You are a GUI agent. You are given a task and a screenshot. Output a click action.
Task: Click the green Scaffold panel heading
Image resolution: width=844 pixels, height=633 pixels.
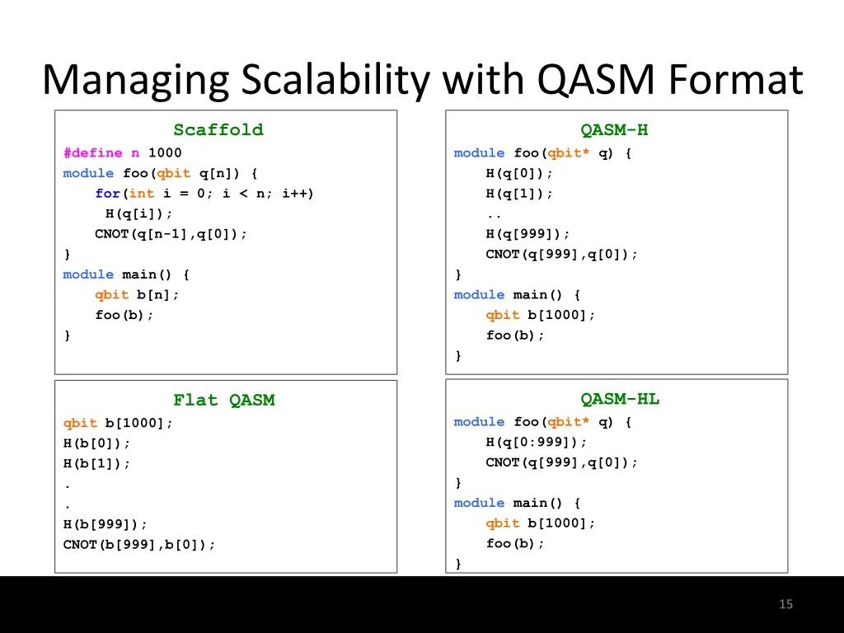point(218,129)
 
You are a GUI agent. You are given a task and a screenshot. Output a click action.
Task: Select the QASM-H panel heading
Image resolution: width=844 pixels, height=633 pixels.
point(614,129)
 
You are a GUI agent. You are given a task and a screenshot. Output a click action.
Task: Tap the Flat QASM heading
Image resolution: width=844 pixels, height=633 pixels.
point(223,400)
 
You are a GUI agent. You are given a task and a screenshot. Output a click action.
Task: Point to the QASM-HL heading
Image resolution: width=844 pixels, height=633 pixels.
point(620,399)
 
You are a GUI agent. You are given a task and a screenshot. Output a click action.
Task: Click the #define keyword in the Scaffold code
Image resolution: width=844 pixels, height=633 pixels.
point(92,152)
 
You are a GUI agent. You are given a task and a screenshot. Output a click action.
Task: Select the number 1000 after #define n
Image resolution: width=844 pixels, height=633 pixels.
point(165,152)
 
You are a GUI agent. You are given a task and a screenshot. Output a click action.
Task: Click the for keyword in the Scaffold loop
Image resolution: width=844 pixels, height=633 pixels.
point(107,193)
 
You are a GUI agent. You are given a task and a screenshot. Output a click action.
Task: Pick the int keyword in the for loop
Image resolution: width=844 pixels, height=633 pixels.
point(141,193)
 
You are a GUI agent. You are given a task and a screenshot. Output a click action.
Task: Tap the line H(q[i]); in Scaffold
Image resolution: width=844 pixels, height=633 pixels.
point(139,213)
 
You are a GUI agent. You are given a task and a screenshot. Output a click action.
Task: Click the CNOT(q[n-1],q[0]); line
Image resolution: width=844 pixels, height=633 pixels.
point(171,233)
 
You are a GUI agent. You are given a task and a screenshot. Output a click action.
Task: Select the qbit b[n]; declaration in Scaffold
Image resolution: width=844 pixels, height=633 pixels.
point(137,294)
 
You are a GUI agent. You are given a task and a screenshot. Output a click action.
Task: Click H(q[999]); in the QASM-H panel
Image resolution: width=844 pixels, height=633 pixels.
point(527,233)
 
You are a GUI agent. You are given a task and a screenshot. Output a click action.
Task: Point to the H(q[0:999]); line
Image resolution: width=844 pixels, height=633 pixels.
point(537,442)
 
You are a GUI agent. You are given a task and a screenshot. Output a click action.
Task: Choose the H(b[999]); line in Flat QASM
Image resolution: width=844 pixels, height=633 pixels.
point(105,524)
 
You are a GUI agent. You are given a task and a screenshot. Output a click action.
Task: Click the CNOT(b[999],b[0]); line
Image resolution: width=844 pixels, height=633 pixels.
point(139,544)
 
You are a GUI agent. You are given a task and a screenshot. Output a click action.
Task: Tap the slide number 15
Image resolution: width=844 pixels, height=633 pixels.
point(785,604)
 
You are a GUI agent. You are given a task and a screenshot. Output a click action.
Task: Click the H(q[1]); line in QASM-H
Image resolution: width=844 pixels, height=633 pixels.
point(519,193)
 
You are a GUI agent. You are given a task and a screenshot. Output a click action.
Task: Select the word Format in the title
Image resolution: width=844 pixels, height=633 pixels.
point(736,80)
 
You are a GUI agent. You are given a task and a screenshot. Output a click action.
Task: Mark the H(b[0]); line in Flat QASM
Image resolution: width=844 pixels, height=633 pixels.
point(97,443)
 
